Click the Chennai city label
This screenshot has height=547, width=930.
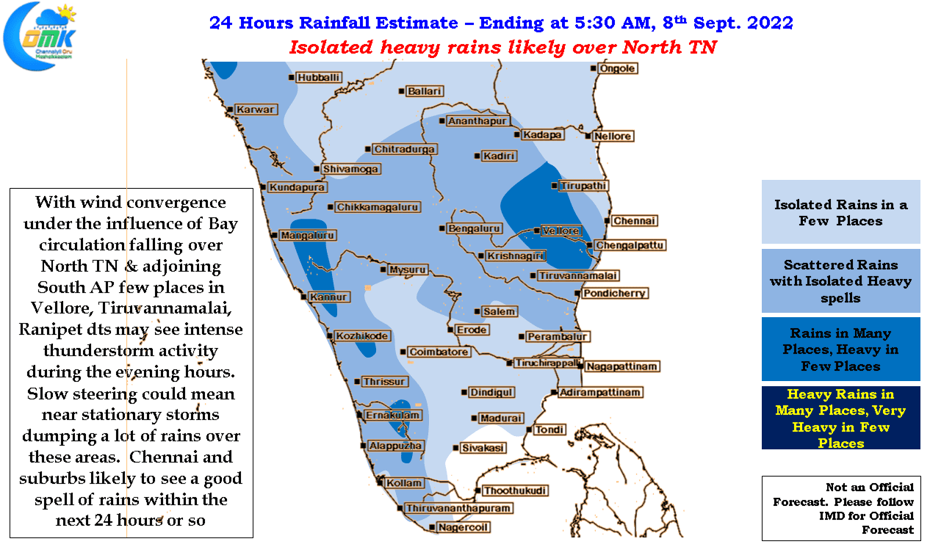[634, 221]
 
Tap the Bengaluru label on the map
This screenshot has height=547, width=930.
[474, 228]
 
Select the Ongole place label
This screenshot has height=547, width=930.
[617, 68]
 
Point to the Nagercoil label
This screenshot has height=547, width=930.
[464, 527]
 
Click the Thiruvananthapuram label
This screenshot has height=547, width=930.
[458, 508]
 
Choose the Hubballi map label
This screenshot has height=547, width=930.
[318, 78]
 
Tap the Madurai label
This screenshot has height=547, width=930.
[501, 419]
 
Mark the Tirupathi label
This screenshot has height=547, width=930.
[583, 186]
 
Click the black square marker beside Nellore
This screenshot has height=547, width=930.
[588, 136]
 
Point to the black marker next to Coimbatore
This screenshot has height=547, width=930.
[403, 352]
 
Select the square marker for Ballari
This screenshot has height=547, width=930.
[402, 91]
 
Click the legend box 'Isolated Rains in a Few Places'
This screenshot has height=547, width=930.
[840, 211]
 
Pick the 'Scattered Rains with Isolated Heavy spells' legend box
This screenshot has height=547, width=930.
[840, 281]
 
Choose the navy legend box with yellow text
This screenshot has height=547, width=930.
[840, 418]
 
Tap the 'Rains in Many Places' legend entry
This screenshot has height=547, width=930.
[840, 349]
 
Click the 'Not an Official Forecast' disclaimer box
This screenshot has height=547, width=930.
[841, 508]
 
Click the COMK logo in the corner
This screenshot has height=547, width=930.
[40, 37]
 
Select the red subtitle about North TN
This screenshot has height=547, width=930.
[503, 47]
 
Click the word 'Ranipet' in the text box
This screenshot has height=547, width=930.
[50, 330]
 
